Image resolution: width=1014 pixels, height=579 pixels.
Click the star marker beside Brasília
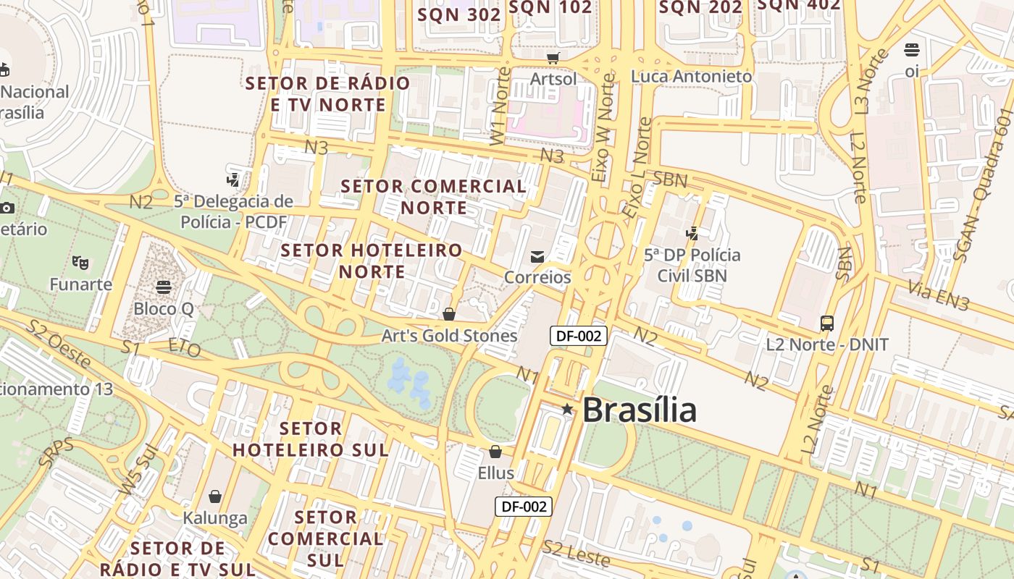click(x=567, y=410)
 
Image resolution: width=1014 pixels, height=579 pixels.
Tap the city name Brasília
click(x=639, y=410)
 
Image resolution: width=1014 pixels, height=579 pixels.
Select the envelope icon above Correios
click(x=537, y=256)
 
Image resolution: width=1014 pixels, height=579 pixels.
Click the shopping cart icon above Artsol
click(x=553, y=58)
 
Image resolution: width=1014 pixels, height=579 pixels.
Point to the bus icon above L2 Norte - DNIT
click(x=826, y=323)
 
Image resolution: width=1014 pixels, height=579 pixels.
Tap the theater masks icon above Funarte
click(x=80, y=263)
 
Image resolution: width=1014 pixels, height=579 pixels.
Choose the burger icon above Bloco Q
click(x=164, y=287)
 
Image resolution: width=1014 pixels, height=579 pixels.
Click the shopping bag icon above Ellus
click(x=495, y=452)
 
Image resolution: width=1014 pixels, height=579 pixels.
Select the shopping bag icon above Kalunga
click(x=214, y=496)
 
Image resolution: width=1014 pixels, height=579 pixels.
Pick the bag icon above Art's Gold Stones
click(x=449, y=314)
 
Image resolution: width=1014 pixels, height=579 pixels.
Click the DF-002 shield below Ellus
click(x=524, y=507)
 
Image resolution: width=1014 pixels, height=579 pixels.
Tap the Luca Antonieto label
click(x=692, y=76)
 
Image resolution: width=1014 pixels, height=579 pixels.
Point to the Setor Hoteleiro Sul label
click(x=310, y=439)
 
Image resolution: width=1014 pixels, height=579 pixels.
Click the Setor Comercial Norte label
click(x=433, y=196)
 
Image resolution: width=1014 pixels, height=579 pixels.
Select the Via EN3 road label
click(x=939, y=297)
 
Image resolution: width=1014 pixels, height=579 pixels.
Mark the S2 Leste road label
click(x=577, y=553)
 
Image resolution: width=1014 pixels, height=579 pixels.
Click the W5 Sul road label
click(x=138, y=471)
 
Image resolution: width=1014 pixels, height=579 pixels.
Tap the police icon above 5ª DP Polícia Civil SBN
click(x=692, y=233)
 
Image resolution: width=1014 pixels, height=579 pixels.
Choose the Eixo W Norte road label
click(x=604, y=127)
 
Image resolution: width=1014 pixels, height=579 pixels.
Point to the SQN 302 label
click(x=459, y=14)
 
